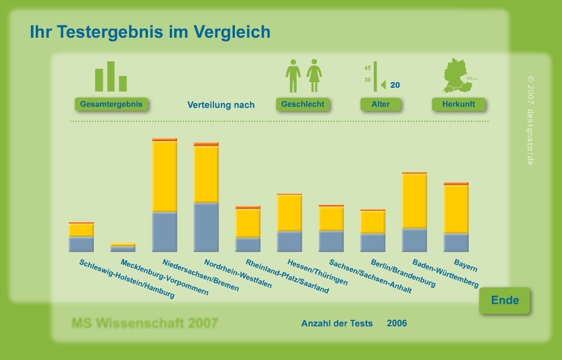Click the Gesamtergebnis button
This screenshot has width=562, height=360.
(112, 104)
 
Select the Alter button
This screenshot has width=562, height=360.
(380, 104)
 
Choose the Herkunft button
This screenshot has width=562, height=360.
(458, 104)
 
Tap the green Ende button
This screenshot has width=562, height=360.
(505, 300)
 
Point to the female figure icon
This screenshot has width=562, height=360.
(314, 76)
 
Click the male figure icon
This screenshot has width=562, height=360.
(293, 76)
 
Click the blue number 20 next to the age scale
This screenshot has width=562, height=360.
(395, 85)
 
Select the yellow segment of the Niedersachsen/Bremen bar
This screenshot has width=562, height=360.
(165, 176)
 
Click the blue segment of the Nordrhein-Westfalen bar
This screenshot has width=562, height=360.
(206, 227)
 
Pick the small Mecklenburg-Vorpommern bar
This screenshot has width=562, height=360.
(123, 247)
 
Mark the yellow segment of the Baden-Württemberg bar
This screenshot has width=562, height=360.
(414, 201)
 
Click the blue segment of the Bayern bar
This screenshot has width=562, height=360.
(456, 242)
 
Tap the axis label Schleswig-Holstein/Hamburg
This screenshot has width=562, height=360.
(127, 279)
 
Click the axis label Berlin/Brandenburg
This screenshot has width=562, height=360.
(403, 273)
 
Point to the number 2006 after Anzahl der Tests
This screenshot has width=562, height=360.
(397, 323)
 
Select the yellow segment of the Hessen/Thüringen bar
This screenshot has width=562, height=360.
(289, 213)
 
